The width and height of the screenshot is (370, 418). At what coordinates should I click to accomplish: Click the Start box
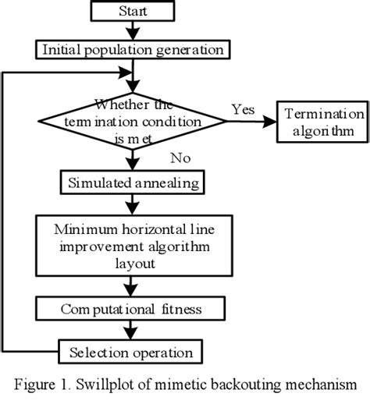[137, 12]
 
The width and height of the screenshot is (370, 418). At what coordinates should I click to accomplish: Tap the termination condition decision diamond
[137, 122]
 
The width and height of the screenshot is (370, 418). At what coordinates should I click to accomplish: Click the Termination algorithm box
[322, 122]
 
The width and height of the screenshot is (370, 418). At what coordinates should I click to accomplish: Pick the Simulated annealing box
[132, 182]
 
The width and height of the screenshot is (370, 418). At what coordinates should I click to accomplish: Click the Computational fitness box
[132, 310]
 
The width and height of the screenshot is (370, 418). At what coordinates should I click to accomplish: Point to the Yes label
[244, 109]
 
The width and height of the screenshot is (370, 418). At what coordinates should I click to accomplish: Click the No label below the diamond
[182, 158]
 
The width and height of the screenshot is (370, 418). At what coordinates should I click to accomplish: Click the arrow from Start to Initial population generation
[137, 30]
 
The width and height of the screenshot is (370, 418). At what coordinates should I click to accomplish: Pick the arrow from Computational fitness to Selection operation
[137, 328]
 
